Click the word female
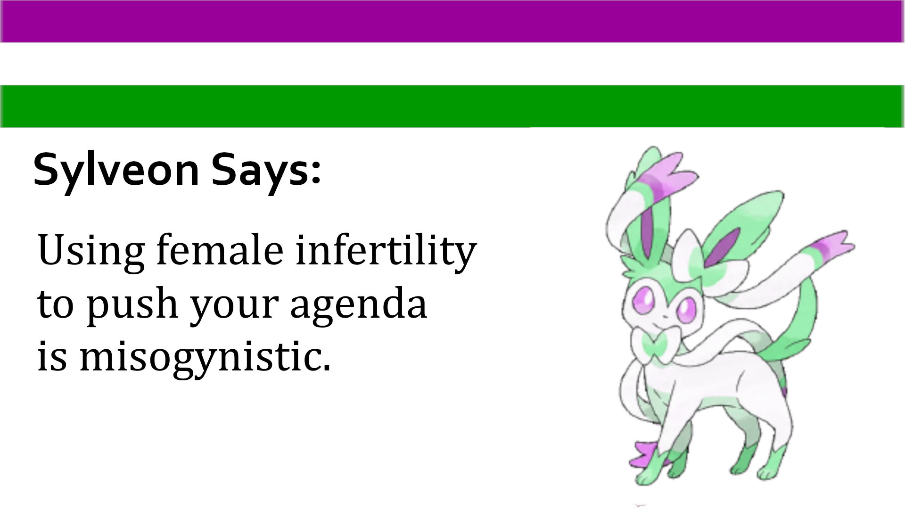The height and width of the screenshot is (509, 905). [220, 249]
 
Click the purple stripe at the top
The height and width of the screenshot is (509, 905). [452, 21]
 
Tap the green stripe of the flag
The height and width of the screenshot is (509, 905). [452, 106]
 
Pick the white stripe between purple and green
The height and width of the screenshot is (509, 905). [452, 64]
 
